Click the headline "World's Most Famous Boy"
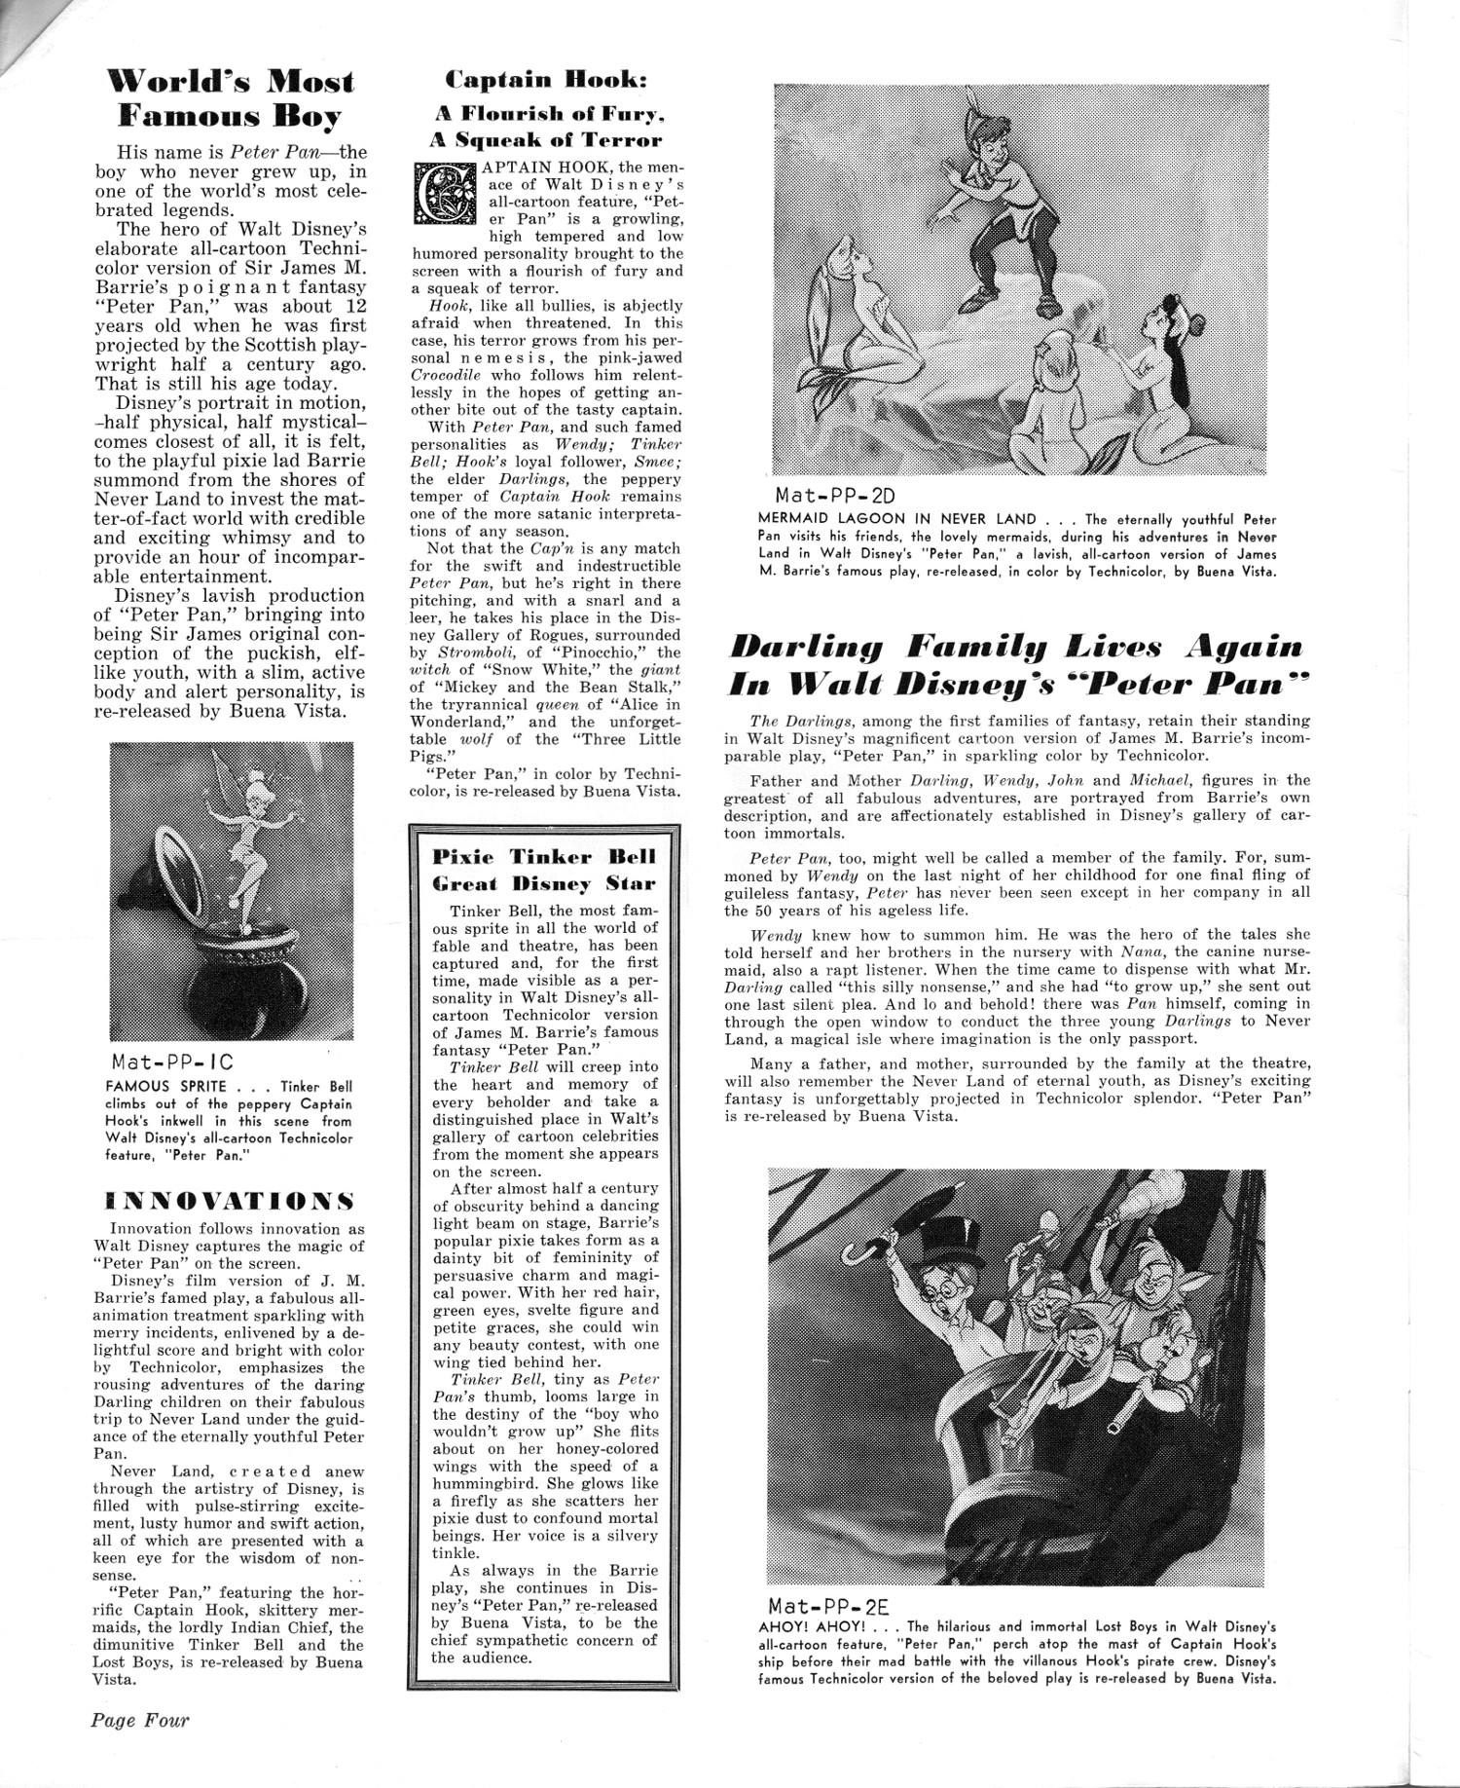(231, 98)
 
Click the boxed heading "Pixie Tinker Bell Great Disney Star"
(544, 871)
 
